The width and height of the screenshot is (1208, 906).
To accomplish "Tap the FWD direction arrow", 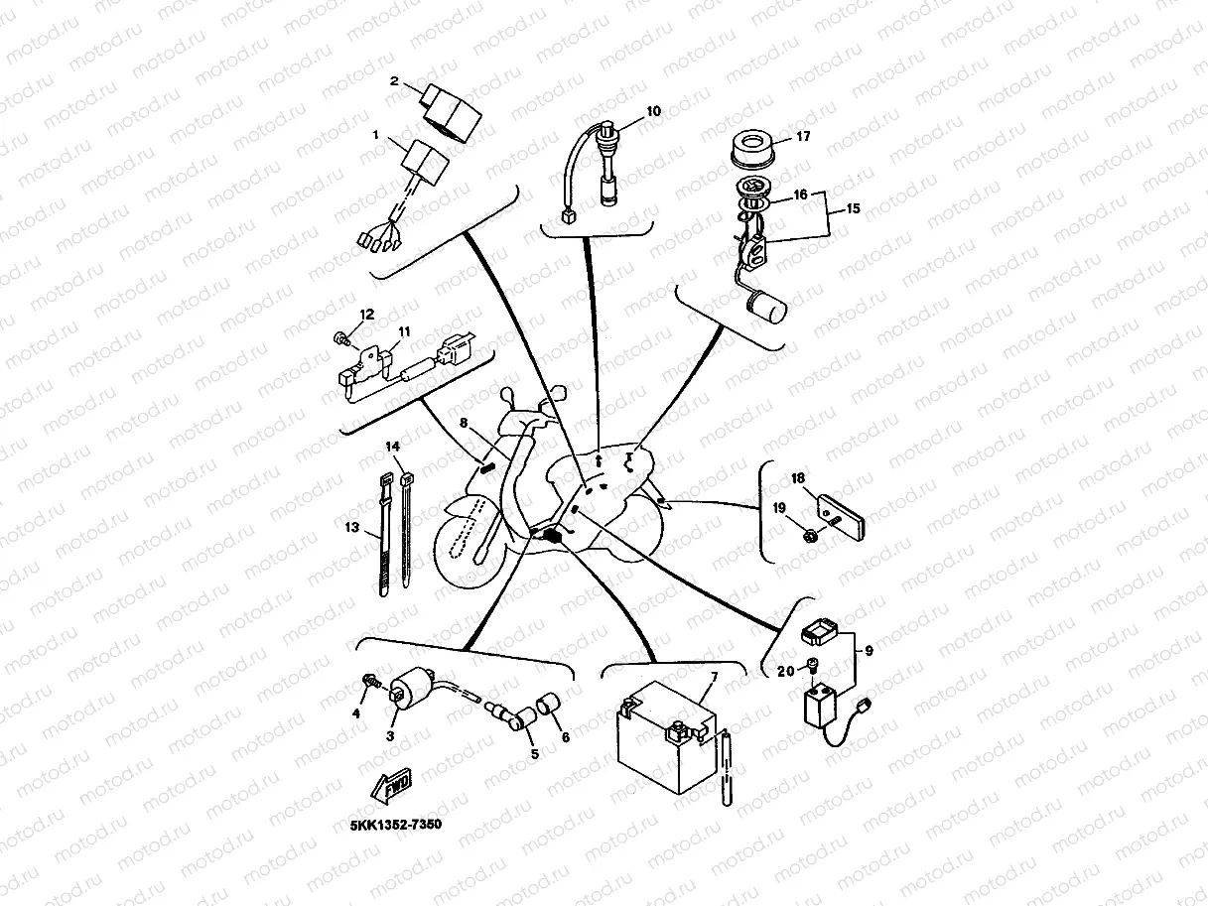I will coord(392,781).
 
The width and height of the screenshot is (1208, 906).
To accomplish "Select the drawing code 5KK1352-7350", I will coord(395,824).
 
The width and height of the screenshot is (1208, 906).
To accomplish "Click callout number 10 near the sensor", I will coord(653,112).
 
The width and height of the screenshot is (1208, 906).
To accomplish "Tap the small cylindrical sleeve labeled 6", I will coord(549,707).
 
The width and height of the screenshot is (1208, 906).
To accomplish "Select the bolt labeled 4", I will coord(369,683).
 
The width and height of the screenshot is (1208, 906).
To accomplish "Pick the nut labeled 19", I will coord(810,537).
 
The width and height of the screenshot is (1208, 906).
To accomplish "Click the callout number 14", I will coord(394,448).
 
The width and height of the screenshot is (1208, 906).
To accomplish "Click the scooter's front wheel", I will coord(466,539).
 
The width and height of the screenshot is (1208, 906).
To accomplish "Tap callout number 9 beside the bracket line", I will coord(870,652).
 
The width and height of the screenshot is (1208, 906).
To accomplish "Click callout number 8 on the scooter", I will coord(464,422).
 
